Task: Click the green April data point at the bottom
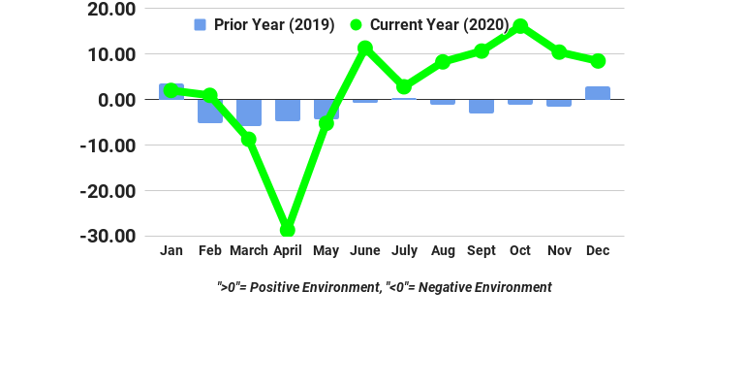288,230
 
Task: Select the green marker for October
520,26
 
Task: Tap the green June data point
365,48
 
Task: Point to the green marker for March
249,140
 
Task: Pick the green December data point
598,61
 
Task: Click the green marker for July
404,87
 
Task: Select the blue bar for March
249,113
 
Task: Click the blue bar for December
598,93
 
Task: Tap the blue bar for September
482,106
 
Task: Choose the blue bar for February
210,111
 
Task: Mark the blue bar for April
288,110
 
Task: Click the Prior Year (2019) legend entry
264,25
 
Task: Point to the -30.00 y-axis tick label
109,236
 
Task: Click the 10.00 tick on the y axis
112,54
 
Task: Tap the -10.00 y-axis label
109,145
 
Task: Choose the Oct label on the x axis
520,250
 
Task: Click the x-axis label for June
365,250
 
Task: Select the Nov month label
559,250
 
